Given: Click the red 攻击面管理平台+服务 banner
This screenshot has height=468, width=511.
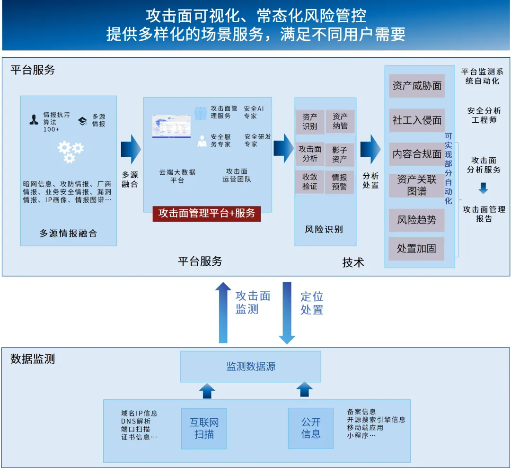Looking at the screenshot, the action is pos(207,214).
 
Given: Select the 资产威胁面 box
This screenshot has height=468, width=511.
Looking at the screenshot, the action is pos(417,86).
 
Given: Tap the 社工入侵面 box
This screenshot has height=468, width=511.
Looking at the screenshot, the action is pos(417,120).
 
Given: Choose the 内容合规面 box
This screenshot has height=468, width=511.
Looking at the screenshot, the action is pos(417,154).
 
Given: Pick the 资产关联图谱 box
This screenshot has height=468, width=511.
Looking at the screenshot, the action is pos(417,185).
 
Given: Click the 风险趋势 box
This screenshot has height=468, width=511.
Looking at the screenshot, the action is pos(416,220).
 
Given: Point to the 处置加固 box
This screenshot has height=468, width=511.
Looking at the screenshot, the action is pos(416,249).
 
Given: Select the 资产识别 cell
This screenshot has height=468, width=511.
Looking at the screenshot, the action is pos(310,122).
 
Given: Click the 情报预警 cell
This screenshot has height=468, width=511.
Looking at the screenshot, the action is pos(339,182).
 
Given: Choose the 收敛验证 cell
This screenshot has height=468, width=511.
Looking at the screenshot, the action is pos(309,182).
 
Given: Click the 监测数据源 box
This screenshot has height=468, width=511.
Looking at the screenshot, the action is pos(251,367).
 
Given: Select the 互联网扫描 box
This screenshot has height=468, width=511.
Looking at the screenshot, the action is pos(204,429).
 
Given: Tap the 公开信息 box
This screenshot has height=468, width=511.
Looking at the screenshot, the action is pos(310,428).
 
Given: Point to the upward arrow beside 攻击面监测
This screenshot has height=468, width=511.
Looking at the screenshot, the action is pos(223,313).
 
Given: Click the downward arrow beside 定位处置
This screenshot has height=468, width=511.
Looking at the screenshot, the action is pos(287,313).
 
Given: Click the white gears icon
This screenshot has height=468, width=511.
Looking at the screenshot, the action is pos(70,152).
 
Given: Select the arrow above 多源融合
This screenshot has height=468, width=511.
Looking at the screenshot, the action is pos(131,149).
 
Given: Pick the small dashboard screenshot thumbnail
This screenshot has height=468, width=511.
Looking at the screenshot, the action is pos(171,126).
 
